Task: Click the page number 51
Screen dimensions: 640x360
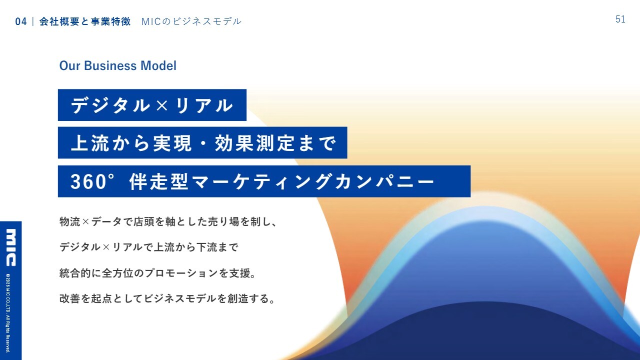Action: coord(620,19)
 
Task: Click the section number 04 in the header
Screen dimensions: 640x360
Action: coord(21,21)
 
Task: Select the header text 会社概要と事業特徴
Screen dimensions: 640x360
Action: coord(85,21)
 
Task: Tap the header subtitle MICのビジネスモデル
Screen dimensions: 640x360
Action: coord(191,21)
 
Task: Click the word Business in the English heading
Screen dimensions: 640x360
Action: coord(110,65)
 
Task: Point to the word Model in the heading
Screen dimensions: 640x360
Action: coord(158,65)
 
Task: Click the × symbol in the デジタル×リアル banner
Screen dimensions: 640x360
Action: coord(162,105)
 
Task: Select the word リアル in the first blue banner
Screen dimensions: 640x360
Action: coord(204,105)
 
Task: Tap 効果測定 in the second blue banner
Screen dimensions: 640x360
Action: coord(254,143)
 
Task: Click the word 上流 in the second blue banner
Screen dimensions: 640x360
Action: coord(90,143)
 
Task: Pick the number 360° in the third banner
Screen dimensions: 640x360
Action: coord(92,181)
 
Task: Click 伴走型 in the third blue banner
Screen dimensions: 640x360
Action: coord(159,181)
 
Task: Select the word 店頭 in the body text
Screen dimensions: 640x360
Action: coord(144,221)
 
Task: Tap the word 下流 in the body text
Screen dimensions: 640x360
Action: coord(207,247)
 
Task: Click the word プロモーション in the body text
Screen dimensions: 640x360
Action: coord(181,273)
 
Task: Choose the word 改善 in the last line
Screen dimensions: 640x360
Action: coord(69,298)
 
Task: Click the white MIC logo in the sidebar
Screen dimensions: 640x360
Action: coord(11,247)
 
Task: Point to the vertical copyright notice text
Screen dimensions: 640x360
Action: coord(8,313)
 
